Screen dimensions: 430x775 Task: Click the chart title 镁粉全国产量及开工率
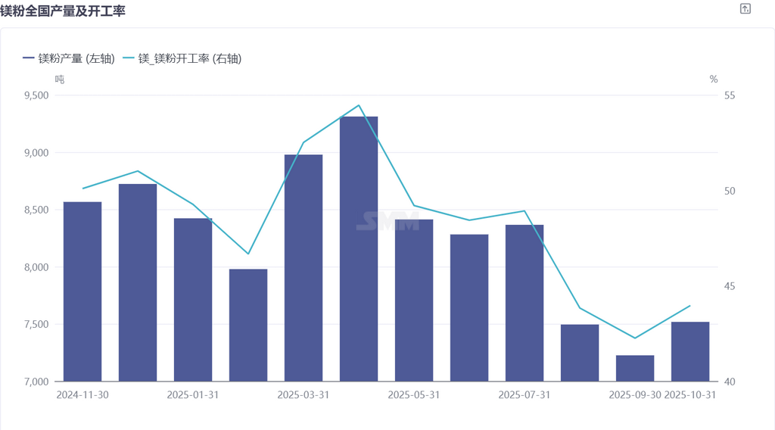pos(63,11)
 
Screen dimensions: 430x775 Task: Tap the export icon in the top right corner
pos(745,9)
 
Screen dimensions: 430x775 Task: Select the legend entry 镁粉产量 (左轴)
pos(69,58)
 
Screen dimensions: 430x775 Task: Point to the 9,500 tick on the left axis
pos(36,95)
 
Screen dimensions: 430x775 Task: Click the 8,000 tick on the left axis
pos(36,267)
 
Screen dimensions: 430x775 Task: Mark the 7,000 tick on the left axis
pos(36,382)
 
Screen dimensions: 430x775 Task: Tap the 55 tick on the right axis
pos(730,95)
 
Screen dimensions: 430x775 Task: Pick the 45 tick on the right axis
pos(730,286)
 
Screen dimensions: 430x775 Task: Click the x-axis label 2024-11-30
pos(82,395)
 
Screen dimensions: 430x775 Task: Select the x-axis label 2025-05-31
pos(414,395)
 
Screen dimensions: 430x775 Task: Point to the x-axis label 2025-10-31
pos(689,395)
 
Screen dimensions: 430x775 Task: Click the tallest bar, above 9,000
pos(359,250)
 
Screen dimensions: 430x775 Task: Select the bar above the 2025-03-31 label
pos(303,269)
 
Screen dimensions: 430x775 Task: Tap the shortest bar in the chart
pos(635,369)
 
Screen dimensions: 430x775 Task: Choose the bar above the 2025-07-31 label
pos(524,303)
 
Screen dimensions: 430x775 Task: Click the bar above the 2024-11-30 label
pos(82,291)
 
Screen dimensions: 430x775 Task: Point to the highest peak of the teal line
pos(359,105)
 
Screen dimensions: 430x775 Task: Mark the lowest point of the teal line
pos(635,338)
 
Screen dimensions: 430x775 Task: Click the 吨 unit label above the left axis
pos(60,79)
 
